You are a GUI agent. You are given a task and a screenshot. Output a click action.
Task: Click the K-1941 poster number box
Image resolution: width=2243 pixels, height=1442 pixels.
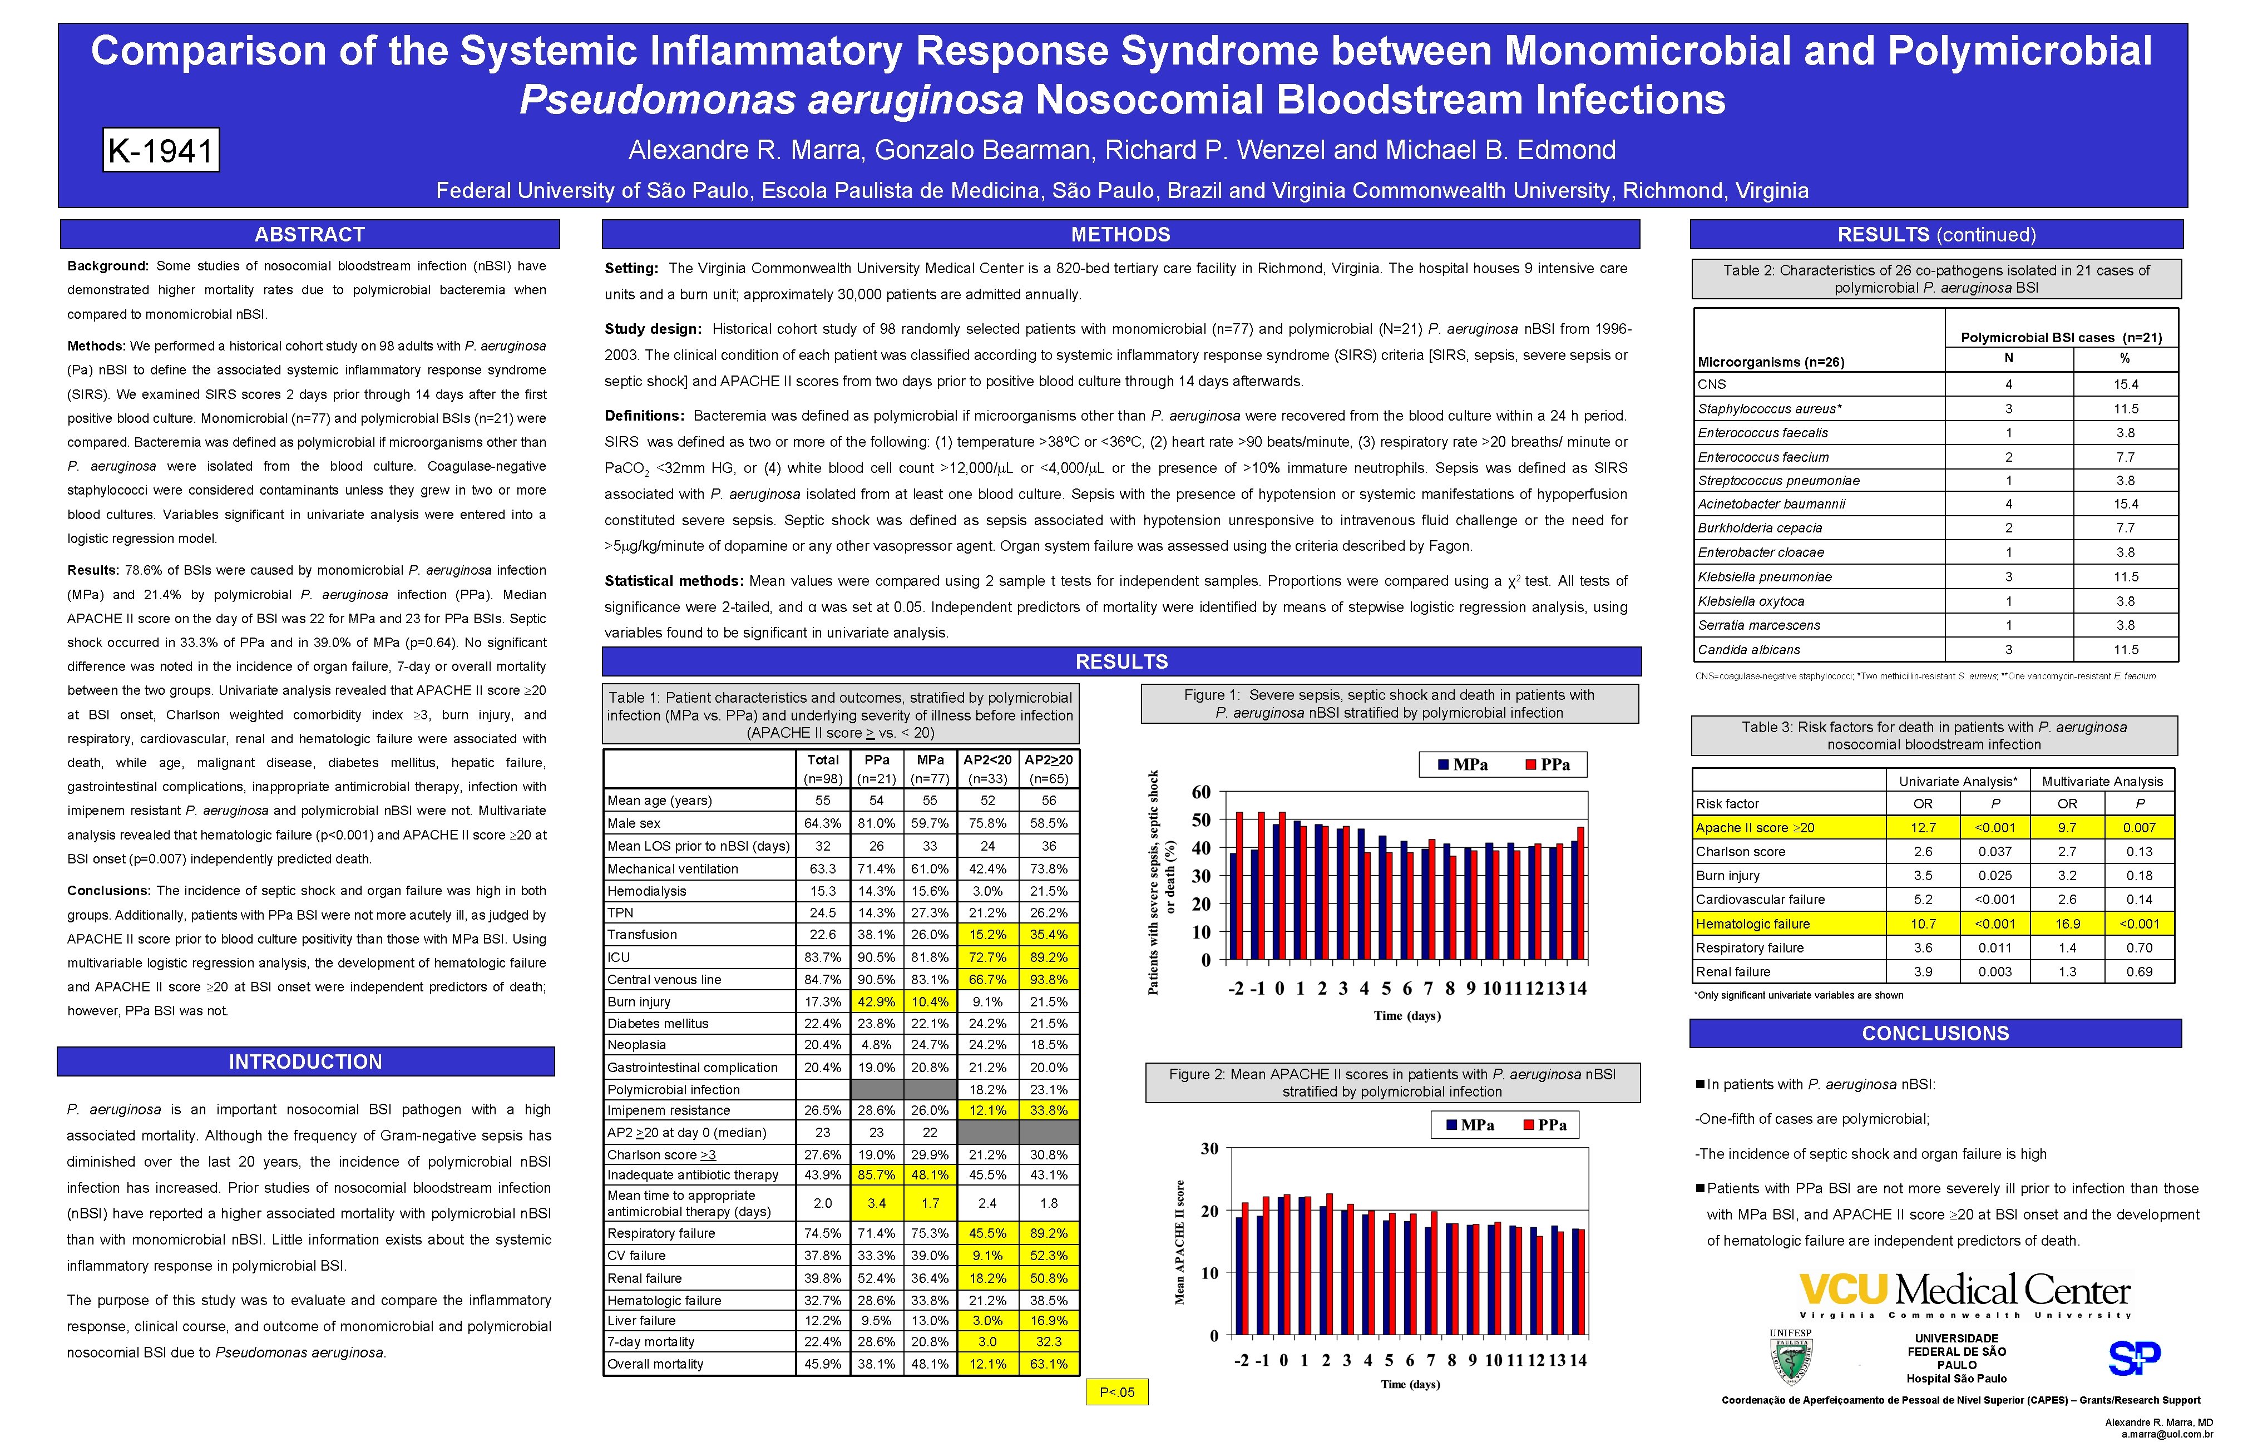click(161, 150)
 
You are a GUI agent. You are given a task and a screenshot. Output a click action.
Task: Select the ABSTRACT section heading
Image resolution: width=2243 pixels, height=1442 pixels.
click(310, 234)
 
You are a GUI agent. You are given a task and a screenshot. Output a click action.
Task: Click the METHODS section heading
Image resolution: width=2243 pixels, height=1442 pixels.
click(1120, 234)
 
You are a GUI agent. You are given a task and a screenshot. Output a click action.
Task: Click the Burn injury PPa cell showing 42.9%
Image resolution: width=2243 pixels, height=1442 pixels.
click(876, 1002)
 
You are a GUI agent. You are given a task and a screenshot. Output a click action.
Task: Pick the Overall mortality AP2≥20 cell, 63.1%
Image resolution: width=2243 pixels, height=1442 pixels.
click(1049, 1364)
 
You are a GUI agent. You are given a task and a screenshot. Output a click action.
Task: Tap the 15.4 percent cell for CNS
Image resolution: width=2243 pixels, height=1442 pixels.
click(2125, 384)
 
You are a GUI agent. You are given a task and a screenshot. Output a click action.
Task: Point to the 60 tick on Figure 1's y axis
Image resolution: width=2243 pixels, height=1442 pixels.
click(1201, 792)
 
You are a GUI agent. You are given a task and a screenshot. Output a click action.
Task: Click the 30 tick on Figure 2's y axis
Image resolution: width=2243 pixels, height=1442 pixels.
click(1209, 1149)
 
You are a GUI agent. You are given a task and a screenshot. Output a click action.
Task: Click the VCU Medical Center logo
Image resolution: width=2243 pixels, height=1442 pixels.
click(1964, 1292)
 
